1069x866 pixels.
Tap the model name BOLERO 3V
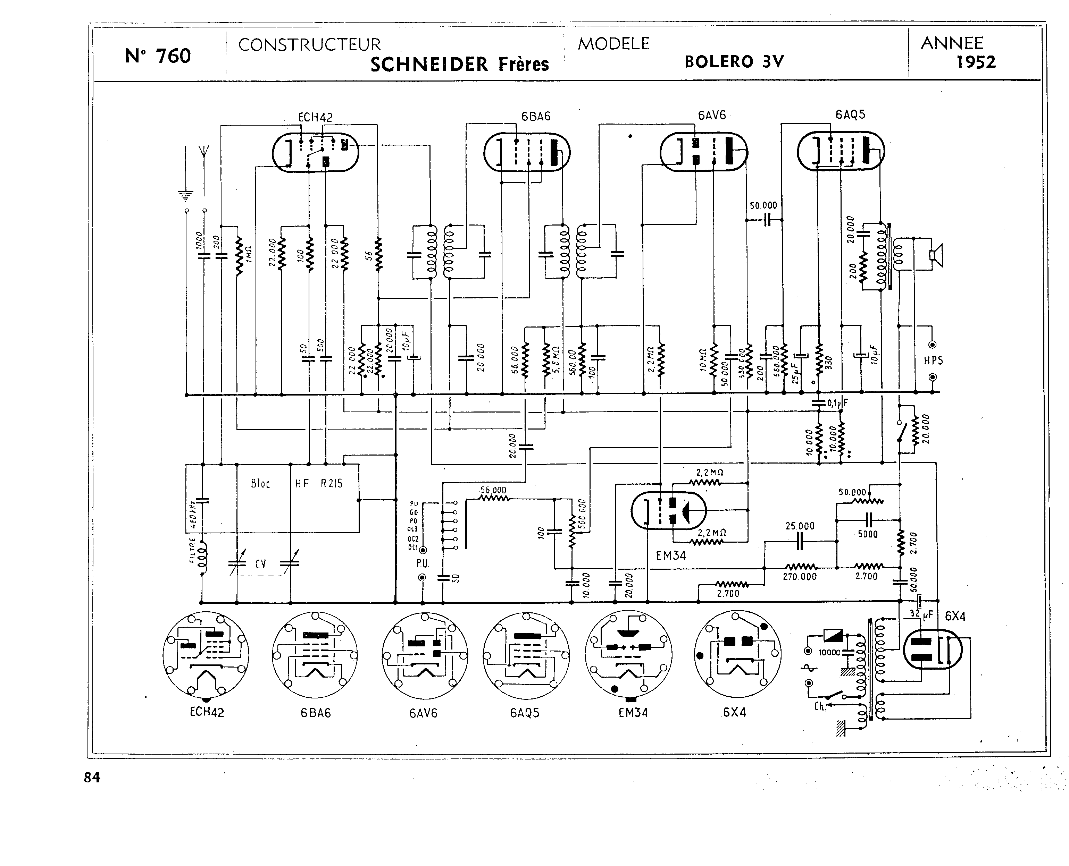point(734,61)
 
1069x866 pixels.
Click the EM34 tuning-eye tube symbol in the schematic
point(668,511)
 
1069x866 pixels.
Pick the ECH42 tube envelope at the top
point(315,152)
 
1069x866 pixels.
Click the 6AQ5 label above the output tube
point(850,114)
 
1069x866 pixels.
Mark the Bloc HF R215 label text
point(297,483)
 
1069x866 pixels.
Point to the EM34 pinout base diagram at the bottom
point(628,654)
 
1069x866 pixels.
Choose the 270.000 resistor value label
point(800,577)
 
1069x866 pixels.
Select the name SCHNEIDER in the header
point(429,64)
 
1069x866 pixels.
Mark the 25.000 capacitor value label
point(800,526)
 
